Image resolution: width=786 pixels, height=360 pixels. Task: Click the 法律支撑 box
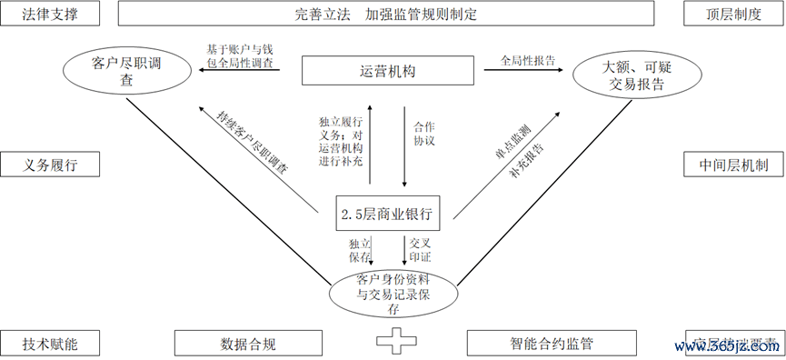click(51, 15)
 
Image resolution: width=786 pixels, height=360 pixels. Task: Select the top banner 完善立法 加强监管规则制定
click(386, 15)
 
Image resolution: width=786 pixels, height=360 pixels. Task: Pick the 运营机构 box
click(387, 72)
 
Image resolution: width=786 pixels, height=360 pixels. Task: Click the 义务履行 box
click(51, 165)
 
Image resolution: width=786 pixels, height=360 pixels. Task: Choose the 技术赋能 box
click(51, 344)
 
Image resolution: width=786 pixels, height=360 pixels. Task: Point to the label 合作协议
click(424, 135)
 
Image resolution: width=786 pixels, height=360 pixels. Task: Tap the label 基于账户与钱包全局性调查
click(240, 56)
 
